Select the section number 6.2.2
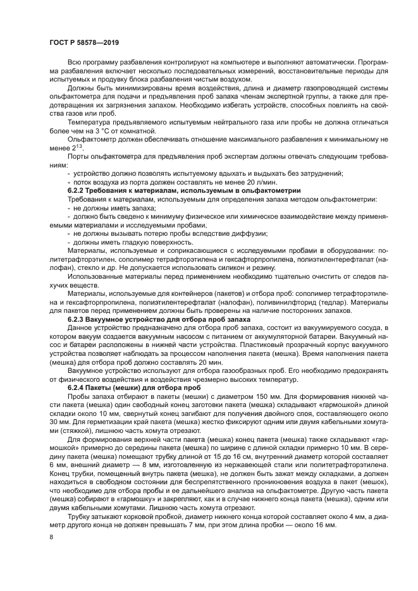77,190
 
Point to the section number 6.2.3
77,321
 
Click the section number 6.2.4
77,387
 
